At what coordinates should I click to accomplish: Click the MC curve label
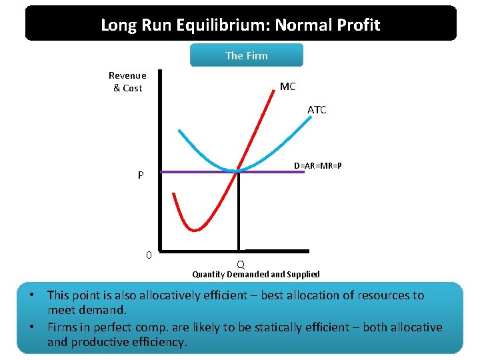coord(287,87)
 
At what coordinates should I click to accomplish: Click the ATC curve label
coord(317,110)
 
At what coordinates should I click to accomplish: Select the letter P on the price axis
coord(141,176)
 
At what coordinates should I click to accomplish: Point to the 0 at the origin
coord(149,255)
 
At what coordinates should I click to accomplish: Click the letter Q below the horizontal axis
coord(240,264)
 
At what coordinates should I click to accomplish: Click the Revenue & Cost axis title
coord(127,81)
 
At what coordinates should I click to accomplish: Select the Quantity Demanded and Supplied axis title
coord(256,274)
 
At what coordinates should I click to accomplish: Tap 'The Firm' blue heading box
coord(247,55)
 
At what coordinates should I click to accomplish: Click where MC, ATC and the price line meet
coord(237,171)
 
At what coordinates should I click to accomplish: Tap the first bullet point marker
coord(32,295)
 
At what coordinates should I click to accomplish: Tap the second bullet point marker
coord(32,327)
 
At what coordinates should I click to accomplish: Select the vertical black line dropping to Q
coord(237,213)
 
